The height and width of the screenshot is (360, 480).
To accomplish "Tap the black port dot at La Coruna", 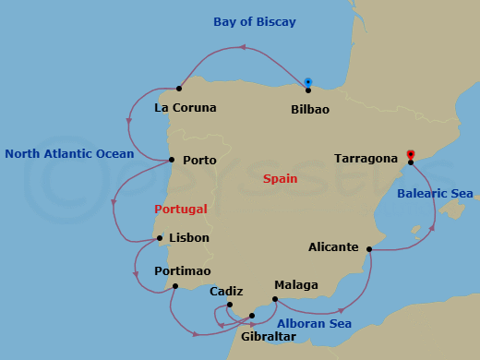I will point(178,90).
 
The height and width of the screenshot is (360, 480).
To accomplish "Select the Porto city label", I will point(199,160).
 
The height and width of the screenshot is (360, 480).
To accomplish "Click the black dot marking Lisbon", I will point(161,239).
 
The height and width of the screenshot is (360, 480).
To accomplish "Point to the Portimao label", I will point(183,270).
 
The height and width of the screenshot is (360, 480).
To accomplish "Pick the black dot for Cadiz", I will point(229,306).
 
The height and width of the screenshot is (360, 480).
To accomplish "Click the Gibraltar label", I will point(268,336).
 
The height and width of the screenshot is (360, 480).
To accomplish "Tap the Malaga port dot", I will point(275,299).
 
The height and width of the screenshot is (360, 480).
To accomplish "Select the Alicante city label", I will point(333,247).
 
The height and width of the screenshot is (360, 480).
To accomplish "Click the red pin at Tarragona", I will point(411,154).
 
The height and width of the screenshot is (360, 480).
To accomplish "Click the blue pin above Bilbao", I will point(308,81).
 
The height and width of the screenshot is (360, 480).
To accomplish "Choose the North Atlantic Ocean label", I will point(69,153).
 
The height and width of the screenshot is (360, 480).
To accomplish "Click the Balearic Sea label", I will point(435,194).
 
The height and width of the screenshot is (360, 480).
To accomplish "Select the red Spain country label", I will point(280,178).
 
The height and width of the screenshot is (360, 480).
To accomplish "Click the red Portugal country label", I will point(181,209).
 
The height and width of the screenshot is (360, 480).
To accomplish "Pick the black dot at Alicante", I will point(369,248).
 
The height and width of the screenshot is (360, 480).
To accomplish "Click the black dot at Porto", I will point(173,160).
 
